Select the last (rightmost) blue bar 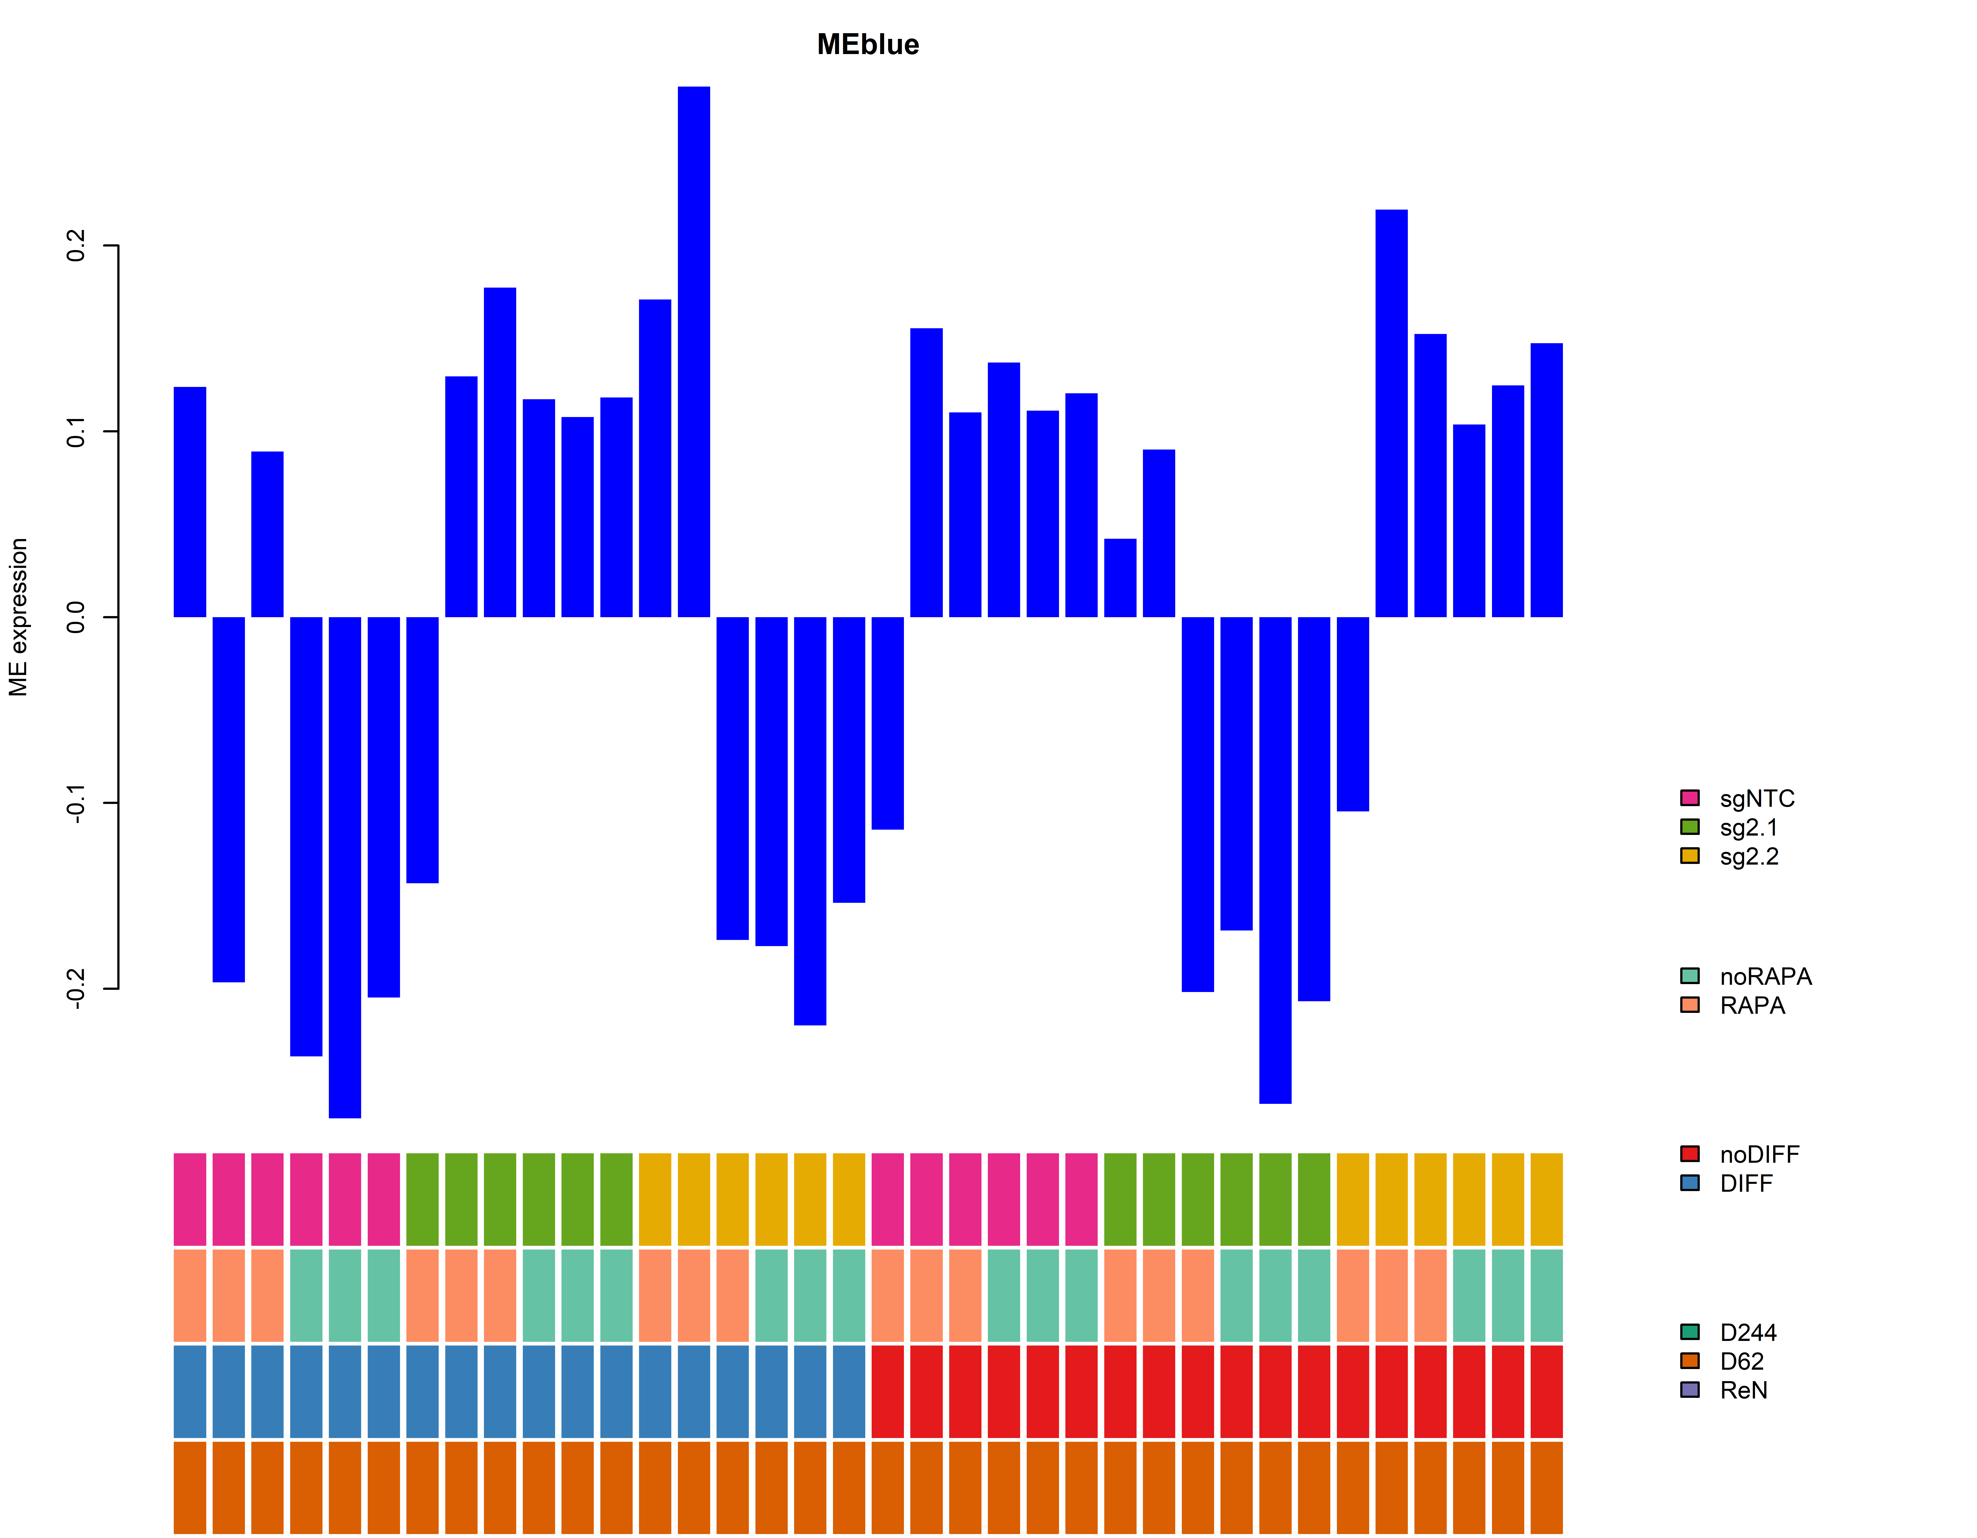tap(1546, 480)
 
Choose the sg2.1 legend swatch tap(1689, 827)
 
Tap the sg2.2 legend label tap(1749, 856)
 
